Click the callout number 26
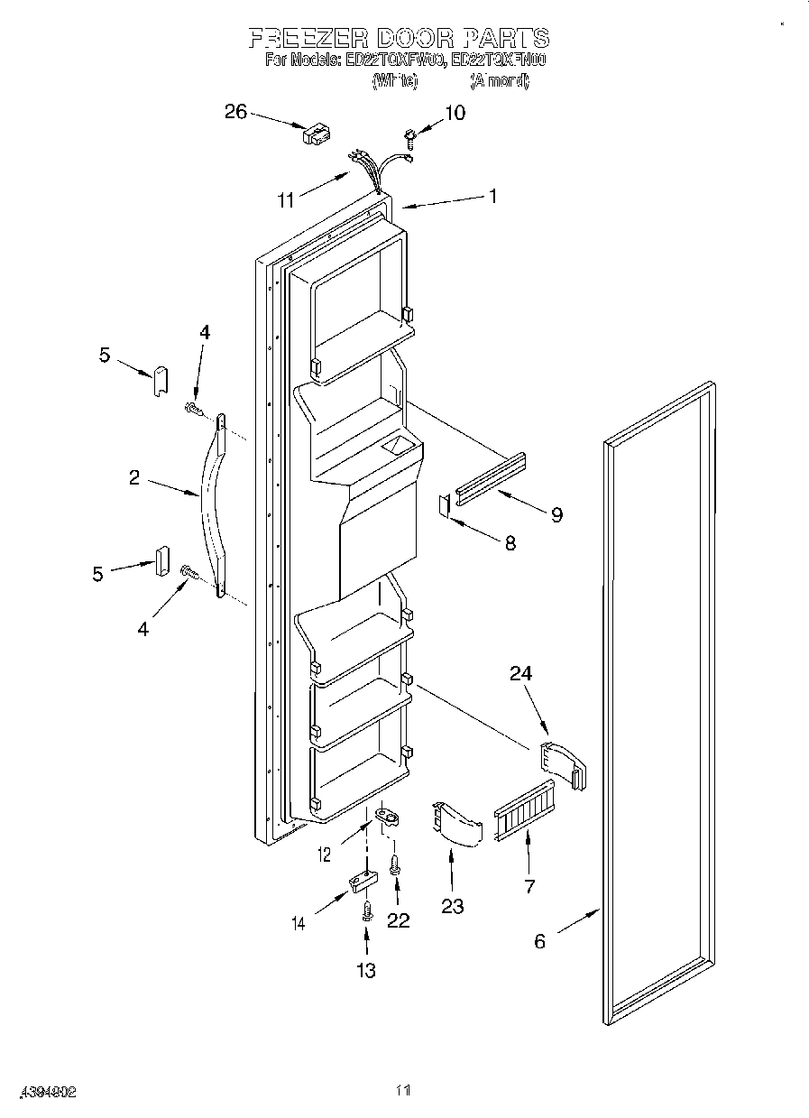[234, 112]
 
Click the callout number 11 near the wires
[286, 200]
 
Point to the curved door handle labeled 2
[214, 505]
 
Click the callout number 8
[510, 543]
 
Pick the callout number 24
[521, 672]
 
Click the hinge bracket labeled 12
[388, 815]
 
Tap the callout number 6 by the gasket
[539, 941]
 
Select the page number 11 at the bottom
[404, 1091]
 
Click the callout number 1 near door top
[492, 194]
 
